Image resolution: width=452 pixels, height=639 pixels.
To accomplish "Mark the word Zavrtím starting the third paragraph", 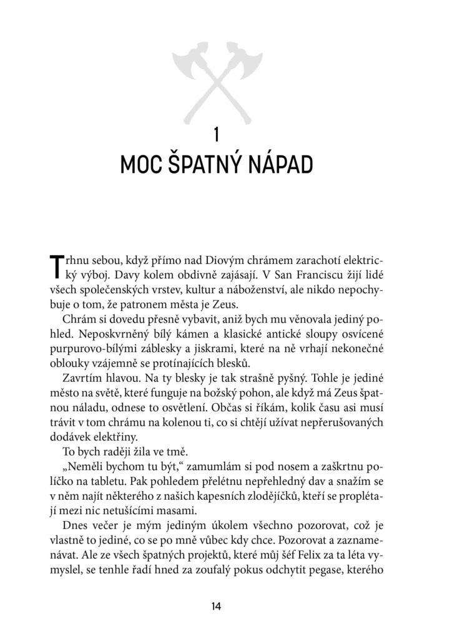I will (x=81, y=380).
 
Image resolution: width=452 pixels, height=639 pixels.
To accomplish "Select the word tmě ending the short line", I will (x=168, y=453).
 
